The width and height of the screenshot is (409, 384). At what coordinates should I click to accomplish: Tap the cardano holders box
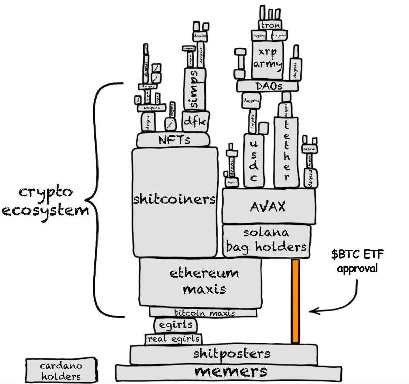pyautogui.click(x=61, y=371)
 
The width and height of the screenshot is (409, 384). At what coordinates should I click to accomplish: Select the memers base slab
pyautogui.click(x=230, y=371)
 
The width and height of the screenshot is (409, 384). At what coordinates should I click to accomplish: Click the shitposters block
pyautogui.click(x=224, y=354)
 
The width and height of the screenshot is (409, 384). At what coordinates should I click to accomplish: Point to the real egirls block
pyautogui.click(x=174, y=339)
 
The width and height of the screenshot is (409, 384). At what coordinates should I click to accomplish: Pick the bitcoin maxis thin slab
pyautogui.click(x=203, y=312)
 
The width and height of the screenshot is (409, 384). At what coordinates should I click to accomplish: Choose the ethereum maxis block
pyautogui.click(x=200, y=281)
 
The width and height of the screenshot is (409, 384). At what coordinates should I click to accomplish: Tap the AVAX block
pyautogui.click(x=268, y=206)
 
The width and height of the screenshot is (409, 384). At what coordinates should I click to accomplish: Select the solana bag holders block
pyautogui.click(x=267, y=240)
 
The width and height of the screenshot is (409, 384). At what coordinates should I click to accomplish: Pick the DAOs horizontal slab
pyautogui.click(x=267, y=86)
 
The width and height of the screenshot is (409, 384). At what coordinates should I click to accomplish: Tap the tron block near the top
pyautogui.click(x=271, y=25)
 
